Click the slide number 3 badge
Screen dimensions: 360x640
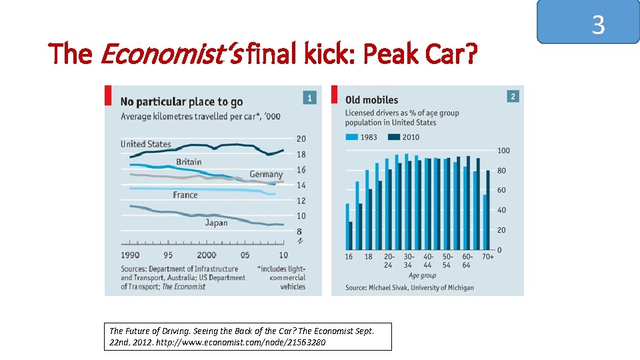[598, 25]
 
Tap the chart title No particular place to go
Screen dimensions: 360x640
[181, 101]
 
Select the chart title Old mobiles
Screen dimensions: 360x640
[371, 100]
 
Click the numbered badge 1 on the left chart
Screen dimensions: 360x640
[309, 97]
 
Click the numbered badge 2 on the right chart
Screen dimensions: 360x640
[513, 97]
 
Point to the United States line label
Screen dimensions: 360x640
[145, 144]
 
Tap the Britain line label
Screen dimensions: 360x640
[189, 162]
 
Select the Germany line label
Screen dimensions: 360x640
[266, 175]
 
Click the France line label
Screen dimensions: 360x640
[185, 195]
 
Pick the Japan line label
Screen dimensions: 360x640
[216, 223]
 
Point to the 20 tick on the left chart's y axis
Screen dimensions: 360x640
[301, 139]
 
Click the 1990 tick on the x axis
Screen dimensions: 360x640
[130, 255]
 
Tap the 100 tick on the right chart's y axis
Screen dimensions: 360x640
[504, 151]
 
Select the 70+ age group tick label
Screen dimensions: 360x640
[487, 257]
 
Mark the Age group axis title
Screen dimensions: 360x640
[422, 275]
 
